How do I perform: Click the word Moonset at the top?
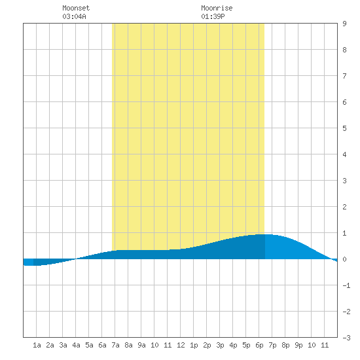point(76,8)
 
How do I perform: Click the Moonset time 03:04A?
point(74,16)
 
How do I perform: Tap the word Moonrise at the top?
point(217,8)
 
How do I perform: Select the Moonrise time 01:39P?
point(213,16)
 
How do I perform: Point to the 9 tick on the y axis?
point(344,24)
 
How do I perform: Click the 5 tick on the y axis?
point(344,128)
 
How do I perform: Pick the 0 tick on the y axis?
point(344,259)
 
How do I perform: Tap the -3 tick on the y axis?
point(346,338)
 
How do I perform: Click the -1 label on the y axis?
point(346,285)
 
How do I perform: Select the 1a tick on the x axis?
point(37,345)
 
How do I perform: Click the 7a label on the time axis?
point(115,345)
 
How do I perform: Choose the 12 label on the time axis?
point(181,345)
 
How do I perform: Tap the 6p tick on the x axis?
point(259,345)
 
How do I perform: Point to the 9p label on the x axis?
point(298,345)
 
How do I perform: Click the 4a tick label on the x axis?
point(76,345)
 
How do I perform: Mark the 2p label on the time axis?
point(207,345)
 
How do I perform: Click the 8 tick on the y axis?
point(344,50)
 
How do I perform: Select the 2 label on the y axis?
point(344,207)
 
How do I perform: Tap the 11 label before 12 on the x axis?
point(168,345)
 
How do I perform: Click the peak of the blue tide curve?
point(264,234)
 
